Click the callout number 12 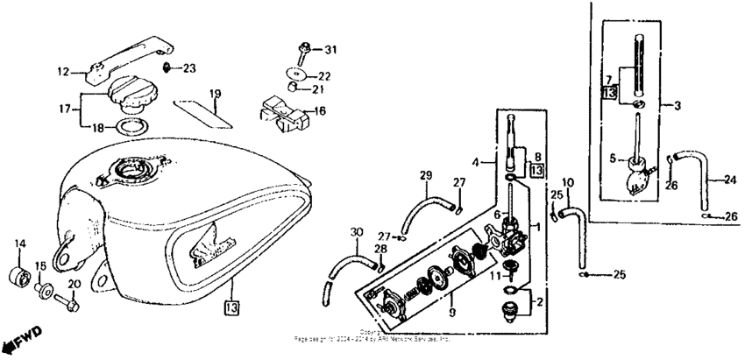point(63,72)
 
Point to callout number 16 point(319,111)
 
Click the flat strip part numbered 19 point(203,110)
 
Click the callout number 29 point(426,176)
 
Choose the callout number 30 point(354,231)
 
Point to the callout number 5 point(614,159)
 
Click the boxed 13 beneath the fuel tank point(231,307)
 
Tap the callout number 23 point(190,67)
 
